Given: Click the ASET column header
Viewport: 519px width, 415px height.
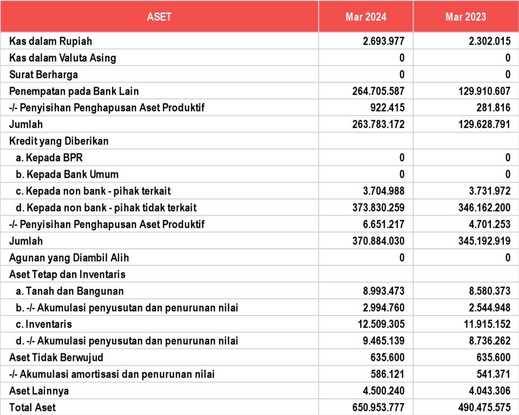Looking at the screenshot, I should (x=159, y=17).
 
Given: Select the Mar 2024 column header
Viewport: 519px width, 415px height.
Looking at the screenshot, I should (x=366, y=17).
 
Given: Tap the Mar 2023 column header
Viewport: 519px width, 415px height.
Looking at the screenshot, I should (x=466, y=17).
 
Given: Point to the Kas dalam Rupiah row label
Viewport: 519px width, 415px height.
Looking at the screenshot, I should (x=50, y=41).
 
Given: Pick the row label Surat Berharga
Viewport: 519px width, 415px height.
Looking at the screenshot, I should (x=43, y=75).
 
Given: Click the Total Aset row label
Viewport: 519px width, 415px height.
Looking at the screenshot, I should (x=32, y=407).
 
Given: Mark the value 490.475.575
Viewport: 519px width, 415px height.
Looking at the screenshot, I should (x=477, y=407).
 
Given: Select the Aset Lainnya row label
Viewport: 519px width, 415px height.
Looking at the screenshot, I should (x=39, y=390).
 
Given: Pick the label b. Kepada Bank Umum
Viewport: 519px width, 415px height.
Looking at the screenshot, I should (x=68, y=175).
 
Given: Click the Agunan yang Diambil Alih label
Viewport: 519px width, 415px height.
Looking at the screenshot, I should (x=69, y=258).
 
